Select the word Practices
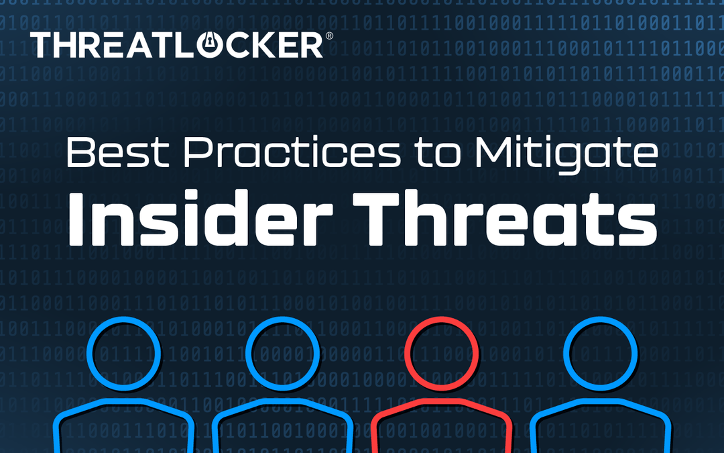tap(284, 154)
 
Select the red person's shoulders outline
tap(442, 409)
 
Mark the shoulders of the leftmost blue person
tap(123, 409)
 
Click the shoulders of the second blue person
tap(283, 409)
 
